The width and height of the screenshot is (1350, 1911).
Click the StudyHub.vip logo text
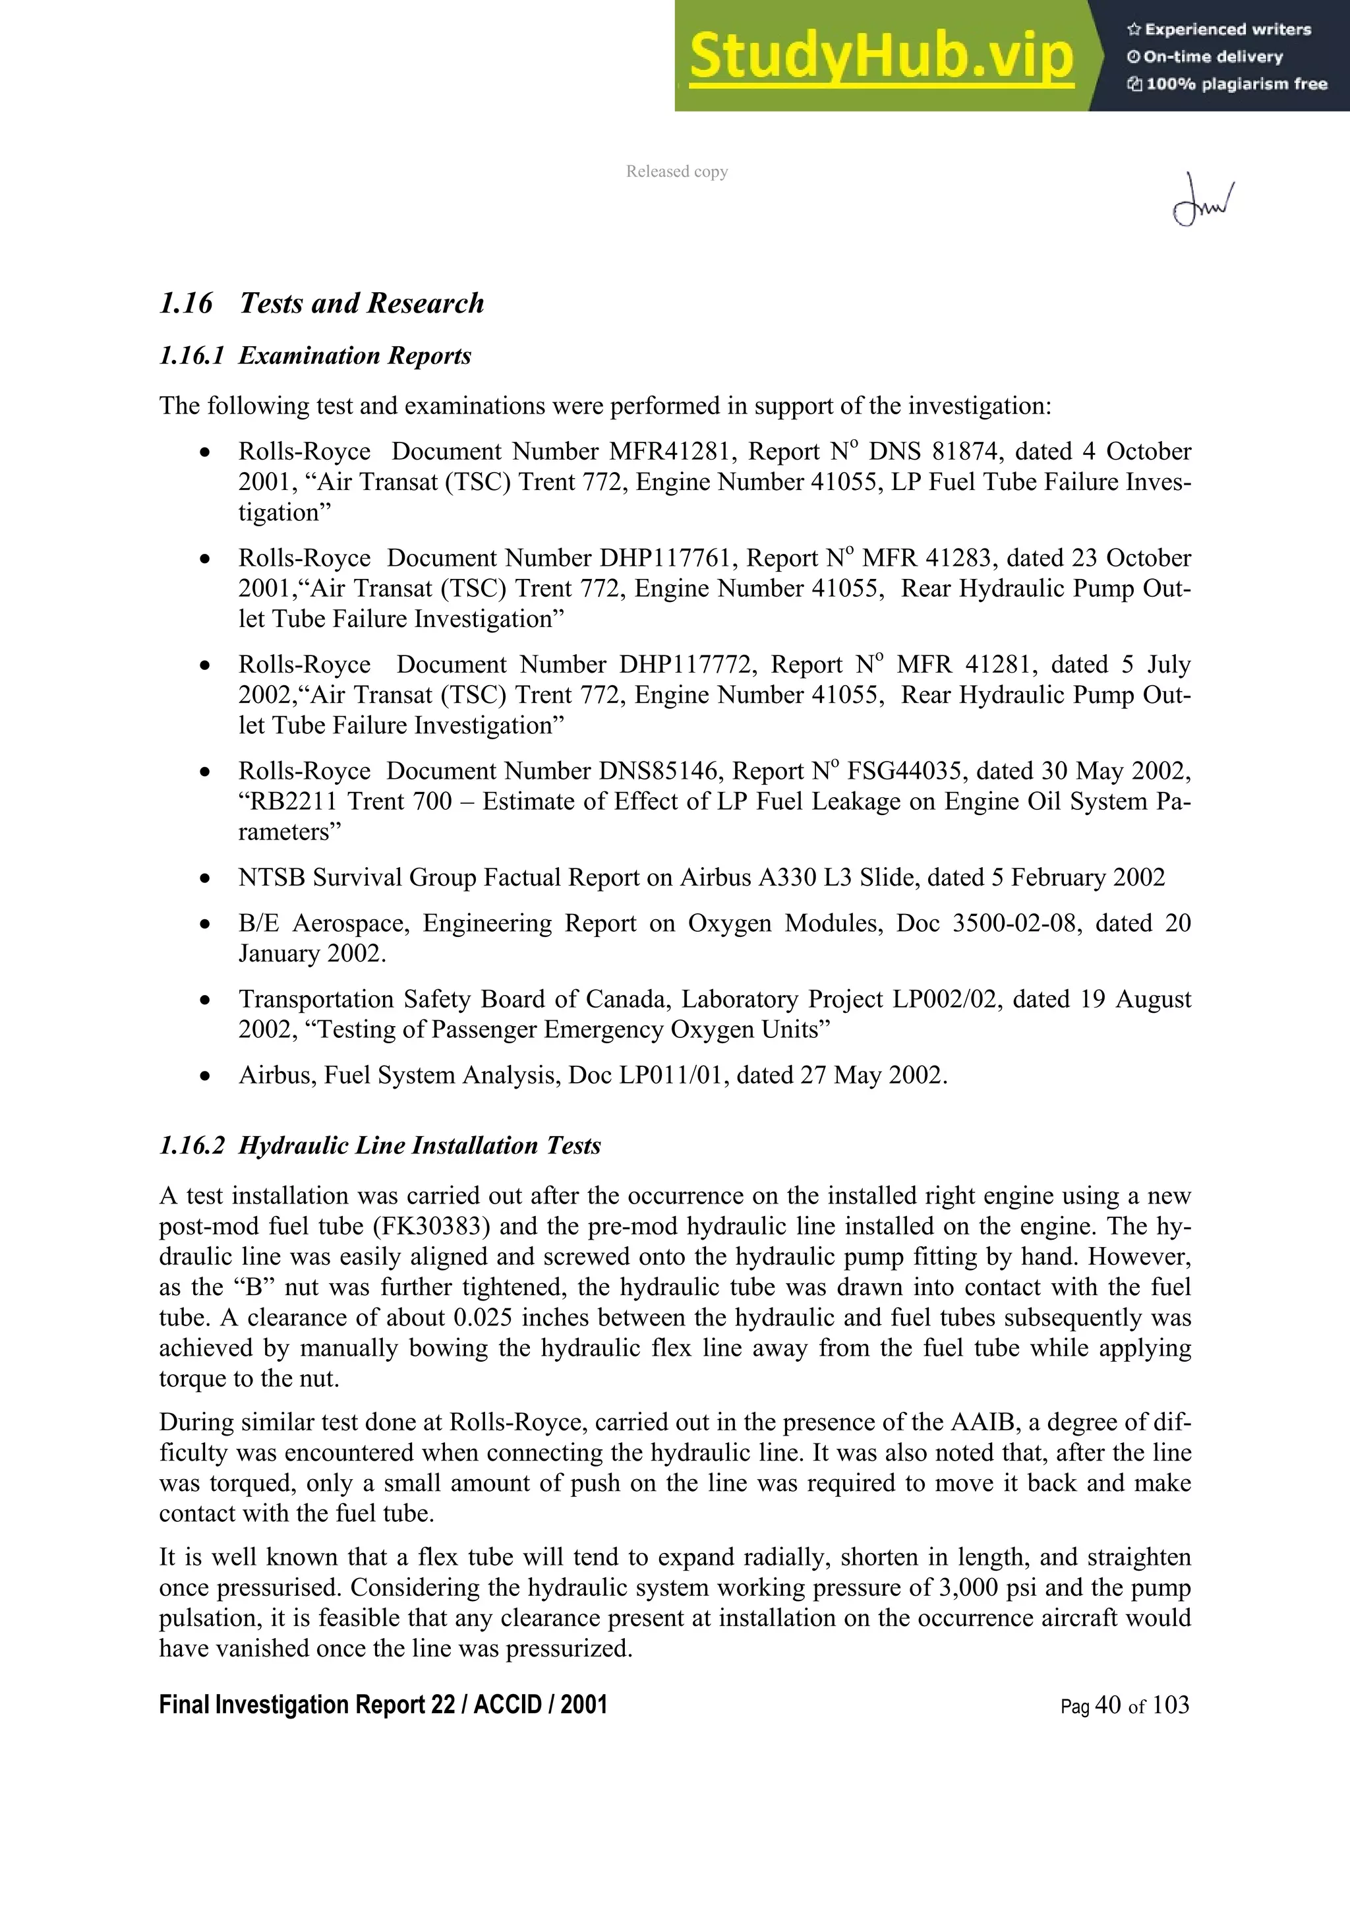(x=881, y=57)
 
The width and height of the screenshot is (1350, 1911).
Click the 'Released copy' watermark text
(x=676, y=171)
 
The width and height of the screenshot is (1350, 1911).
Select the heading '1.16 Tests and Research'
(x=321, y=303)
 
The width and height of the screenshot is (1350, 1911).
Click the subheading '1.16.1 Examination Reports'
(x=314, y=356)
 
